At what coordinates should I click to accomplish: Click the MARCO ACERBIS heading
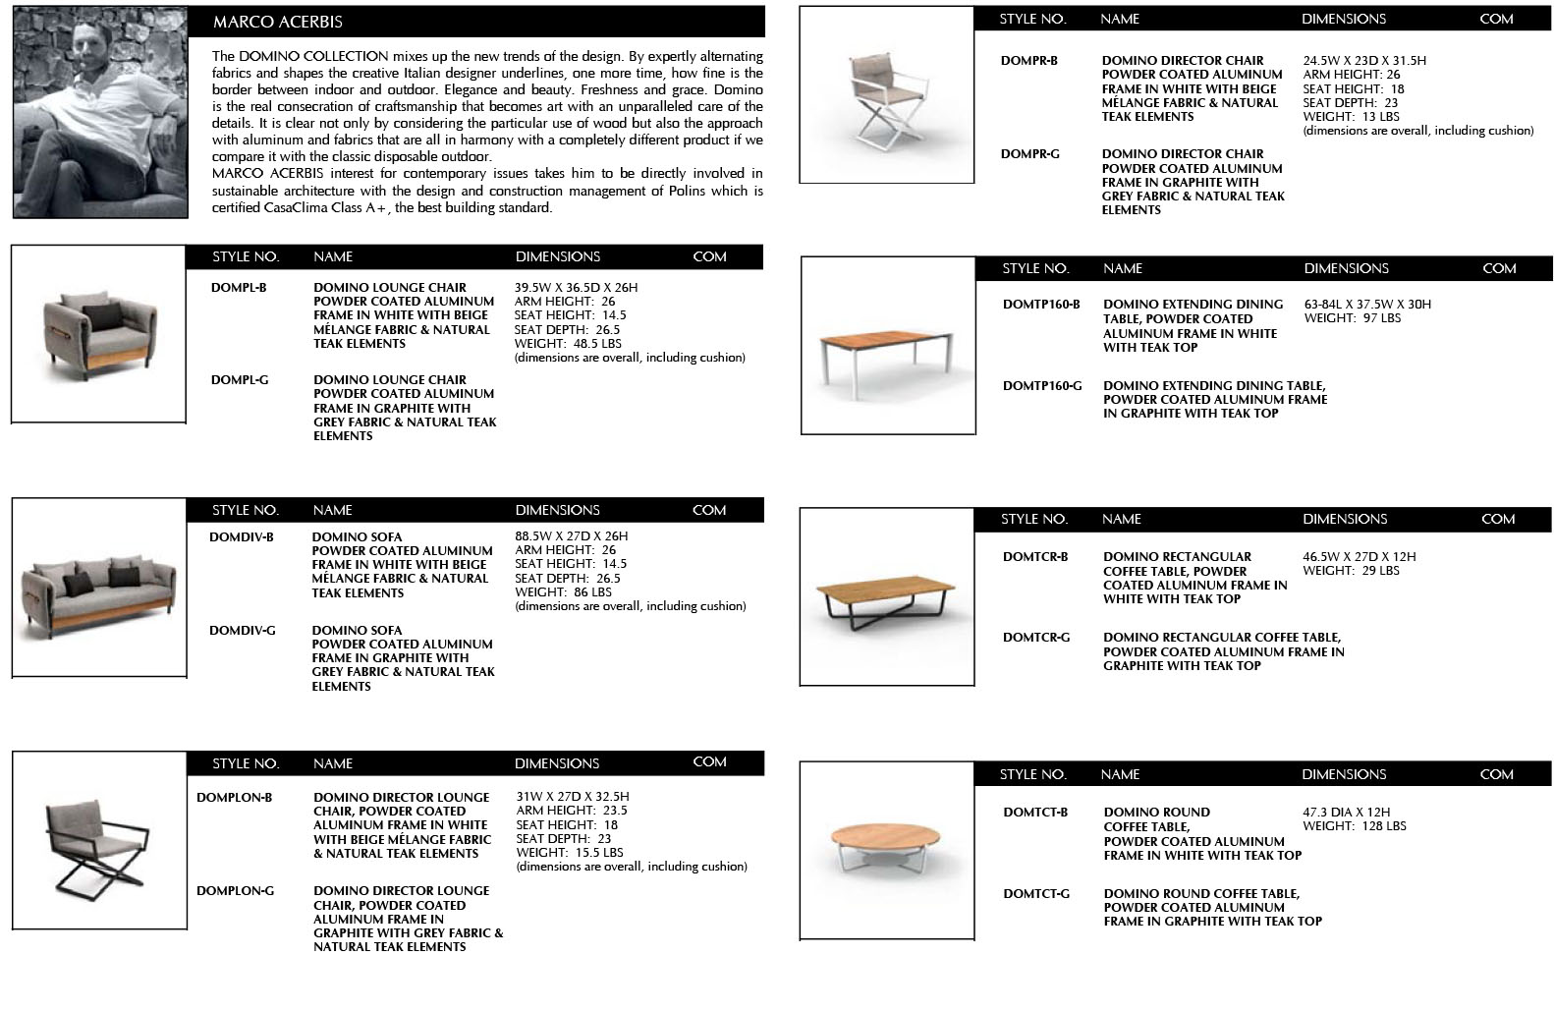coord(278,22)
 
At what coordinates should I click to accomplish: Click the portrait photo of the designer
coord(100,112)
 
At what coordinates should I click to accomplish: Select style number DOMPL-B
coord(239,288)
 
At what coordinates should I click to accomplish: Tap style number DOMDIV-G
coord(243,631)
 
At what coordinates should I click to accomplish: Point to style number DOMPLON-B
coord(235,798)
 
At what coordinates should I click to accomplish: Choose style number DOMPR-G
coord(1030,154)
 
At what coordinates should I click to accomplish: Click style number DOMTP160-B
coord(1041,305)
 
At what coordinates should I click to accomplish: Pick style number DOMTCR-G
coord(1036,638)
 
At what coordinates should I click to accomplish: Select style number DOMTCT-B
coord(1035,813)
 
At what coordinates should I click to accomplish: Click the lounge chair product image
coord(98,334)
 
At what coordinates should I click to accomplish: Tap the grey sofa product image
coord(98,588)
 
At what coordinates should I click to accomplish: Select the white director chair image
coord(885,95)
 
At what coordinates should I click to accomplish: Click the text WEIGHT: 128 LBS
coord(1355,826)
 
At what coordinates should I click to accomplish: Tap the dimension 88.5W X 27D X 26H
coord(572,536)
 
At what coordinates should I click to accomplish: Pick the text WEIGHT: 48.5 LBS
coord(568,344)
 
